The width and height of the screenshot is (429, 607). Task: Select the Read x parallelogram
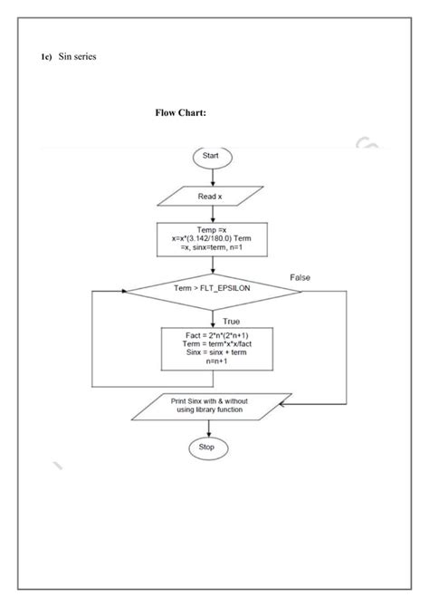pos(211,196)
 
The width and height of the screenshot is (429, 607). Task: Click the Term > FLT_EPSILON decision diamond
pos(212,289)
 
